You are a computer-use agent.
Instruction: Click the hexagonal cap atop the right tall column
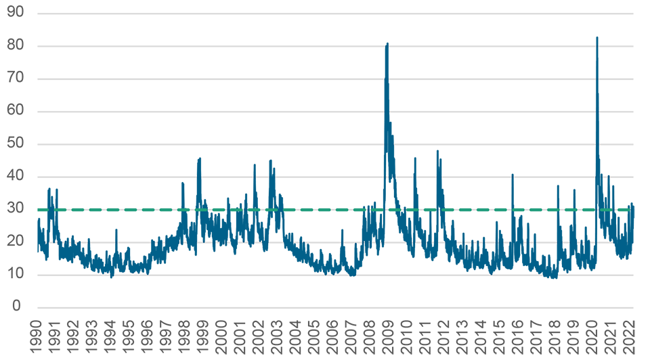(x=597, y=33)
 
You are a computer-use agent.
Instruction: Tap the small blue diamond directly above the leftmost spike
(x=115, y=230)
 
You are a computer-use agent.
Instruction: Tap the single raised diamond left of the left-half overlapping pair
(x=200, y=164)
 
